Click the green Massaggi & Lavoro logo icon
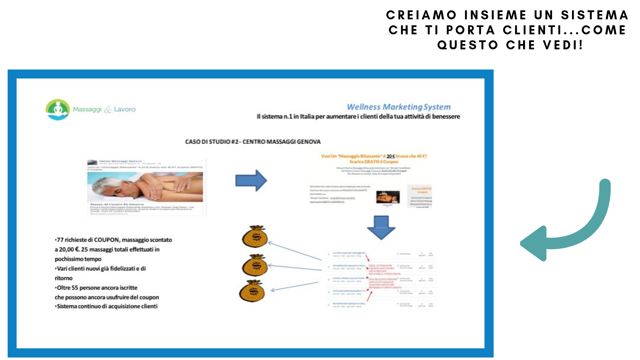[58, 109]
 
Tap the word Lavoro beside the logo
[125, 109]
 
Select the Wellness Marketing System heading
[399, 107]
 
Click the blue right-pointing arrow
[251, 180]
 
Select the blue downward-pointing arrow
[381, 228]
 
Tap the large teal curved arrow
[567, 230]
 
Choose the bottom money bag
[252, 291]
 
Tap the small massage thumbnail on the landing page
[388, 197]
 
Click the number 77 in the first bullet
[60, 240]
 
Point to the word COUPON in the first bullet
[106, 240]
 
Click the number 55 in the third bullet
[75, 288]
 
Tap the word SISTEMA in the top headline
[594, 15]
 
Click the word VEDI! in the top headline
[563, 45]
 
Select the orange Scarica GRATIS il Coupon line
[374, 162]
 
